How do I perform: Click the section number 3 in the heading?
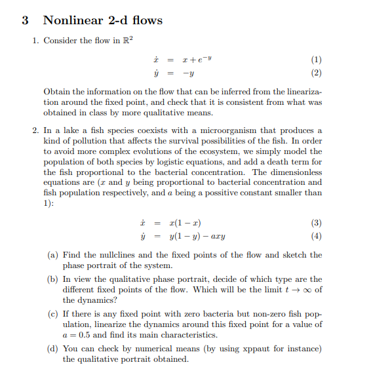(x=25, y=20)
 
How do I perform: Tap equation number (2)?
(x=317, y=73)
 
